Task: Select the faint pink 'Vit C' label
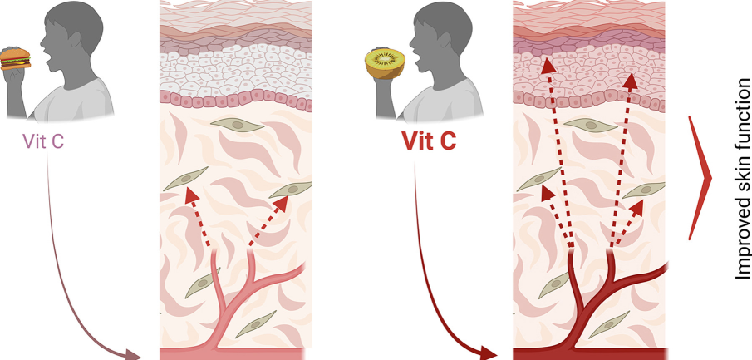(44, 141)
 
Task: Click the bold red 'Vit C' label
(429, 141)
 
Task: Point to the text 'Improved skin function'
(742, 179)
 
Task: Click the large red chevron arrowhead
(700, 178)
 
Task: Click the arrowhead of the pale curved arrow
(133, 355)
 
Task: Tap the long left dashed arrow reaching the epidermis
(558, 150)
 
